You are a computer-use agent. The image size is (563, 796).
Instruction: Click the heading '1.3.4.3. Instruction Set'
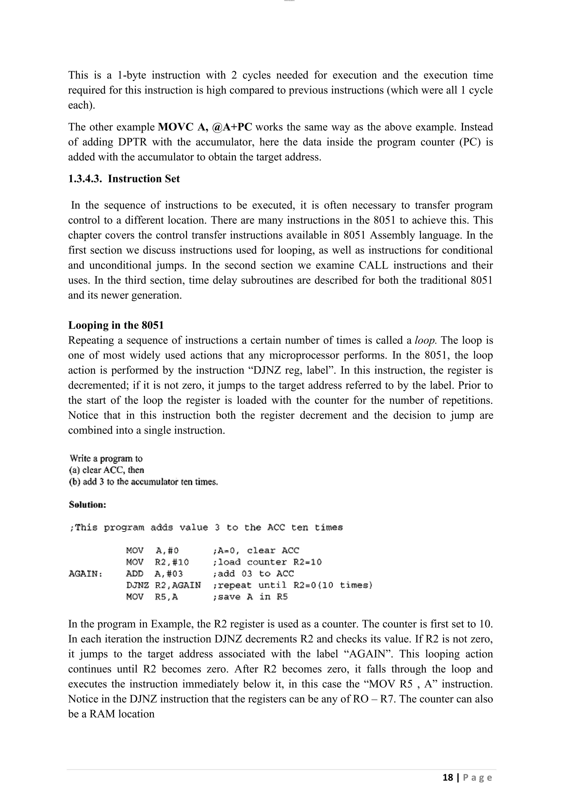pyautogui.click(x=124, y=179)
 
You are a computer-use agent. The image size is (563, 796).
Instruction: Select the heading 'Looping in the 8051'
pyautogui.click(x=116, y=325)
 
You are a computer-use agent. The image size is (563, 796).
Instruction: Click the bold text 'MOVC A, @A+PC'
pyautogui.click(x=205, y=127)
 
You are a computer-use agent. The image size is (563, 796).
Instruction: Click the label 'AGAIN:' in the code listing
pyautogui.click(x=85, y=574)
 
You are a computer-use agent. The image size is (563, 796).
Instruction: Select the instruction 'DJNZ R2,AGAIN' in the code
pyautogui.click(x=163, y=585)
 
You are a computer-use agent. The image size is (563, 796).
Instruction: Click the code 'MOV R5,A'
pyautogui.click(x=152, y=597)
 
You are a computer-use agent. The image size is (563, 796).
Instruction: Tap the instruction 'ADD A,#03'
pyautogui.click(x=154, y=574)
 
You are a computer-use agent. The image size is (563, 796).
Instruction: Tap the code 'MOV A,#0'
pyautogui.click(x=152, y=551)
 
